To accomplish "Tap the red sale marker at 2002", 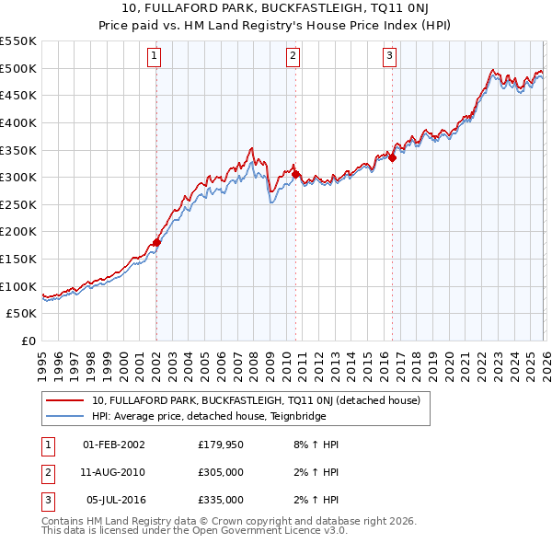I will [x=156, y=243].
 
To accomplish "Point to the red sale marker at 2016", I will [x=392, y=157].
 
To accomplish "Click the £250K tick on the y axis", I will [x=18, y=204].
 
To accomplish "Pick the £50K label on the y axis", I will [x=22, y=314].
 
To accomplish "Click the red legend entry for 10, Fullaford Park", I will [x=256, y=400].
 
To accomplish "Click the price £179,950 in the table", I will [x=221, y=445].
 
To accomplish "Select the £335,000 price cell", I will [x=221, y=500].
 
